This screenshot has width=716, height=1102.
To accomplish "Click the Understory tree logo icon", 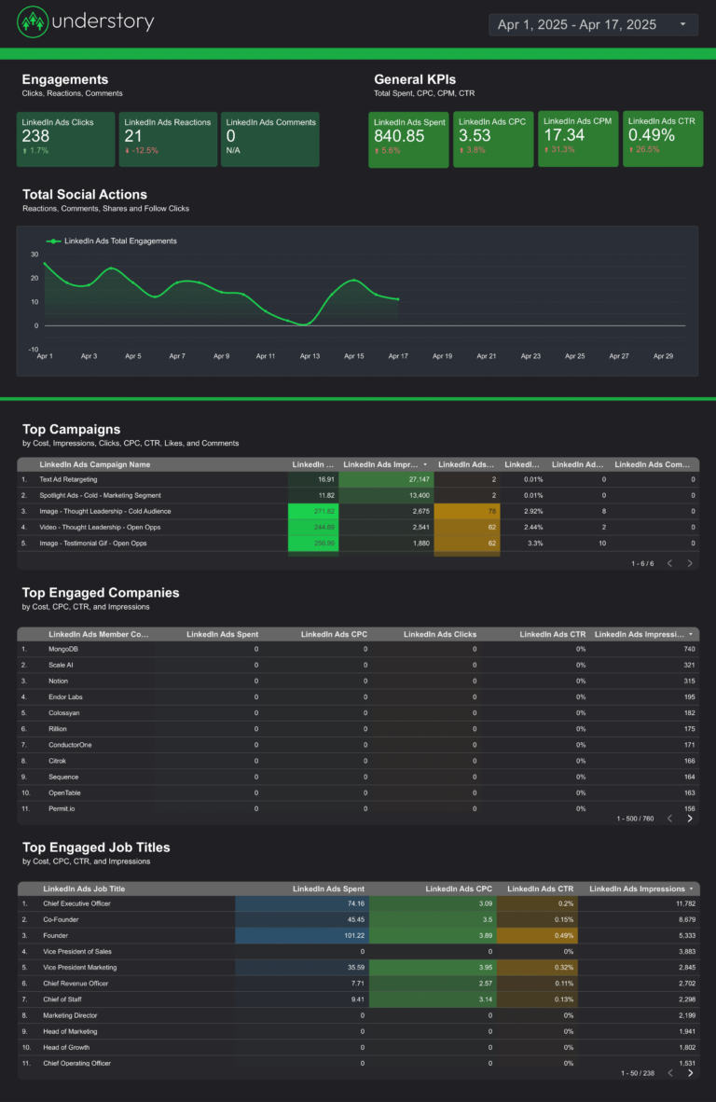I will click(34, 22).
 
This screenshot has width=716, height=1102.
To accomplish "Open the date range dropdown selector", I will click(593, 24).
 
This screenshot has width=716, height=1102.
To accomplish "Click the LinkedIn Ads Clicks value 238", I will click(35, 136).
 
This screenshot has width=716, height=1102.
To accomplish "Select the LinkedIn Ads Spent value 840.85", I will click(399, 136).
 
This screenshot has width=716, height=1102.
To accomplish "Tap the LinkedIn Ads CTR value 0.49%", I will click(651, 135).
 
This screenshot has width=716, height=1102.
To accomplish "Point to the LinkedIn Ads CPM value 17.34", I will click(565, 135).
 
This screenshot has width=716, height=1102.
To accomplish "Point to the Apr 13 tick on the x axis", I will click(310, 356).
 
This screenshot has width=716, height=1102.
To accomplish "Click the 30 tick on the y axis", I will click(34, 254).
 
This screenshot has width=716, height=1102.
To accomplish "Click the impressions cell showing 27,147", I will click(411, 479).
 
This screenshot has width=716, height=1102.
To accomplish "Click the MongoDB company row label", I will click(64, 649).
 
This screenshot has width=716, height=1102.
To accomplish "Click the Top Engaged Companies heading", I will click(101, 593).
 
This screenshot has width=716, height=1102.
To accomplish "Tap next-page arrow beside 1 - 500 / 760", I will click(690, 819).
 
